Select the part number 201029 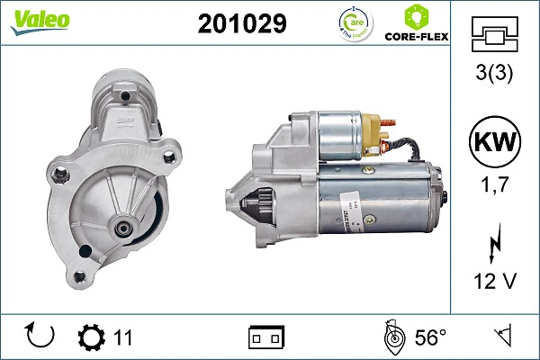point(241,23)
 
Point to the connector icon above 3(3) point(495,36)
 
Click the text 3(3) point(495,75)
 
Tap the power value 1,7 point(495,188)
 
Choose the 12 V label point(495,282)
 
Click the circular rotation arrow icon point(41,337)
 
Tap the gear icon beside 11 point(91,337)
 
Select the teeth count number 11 point(123,337)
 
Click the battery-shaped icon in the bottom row point(266,337)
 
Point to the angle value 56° point(430,337)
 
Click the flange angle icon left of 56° point(392,337)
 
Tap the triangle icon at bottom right point(501,337)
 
